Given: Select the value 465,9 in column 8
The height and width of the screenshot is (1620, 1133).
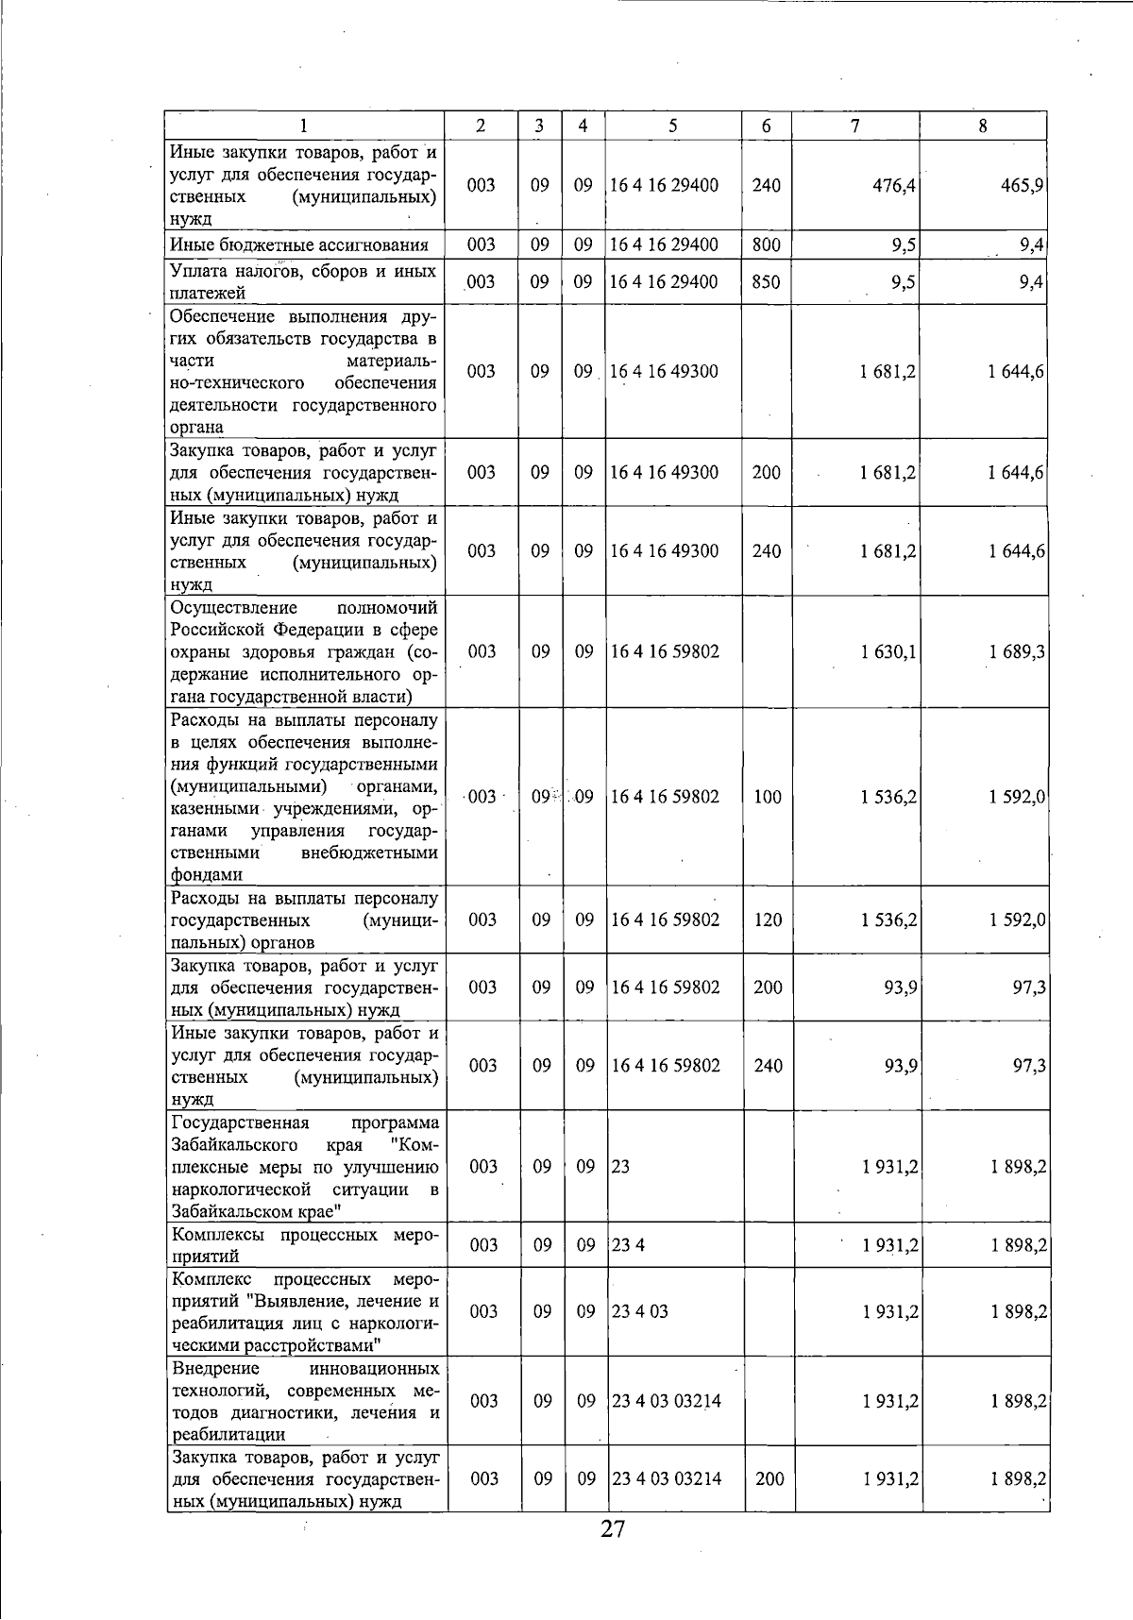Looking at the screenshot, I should [1022, 186].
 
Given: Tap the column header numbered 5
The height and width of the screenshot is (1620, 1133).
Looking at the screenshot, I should [673, 126].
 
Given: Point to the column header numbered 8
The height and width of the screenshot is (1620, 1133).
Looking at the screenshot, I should [983, 126].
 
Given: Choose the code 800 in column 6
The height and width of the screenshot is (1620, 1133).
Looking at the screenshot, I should [766, 245].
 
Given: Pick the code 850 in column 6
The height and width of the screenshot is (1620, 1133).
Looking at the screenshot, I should [766, 282].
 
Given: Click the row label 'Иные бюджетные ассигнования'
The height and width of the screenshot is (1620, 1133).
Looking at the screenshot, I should [299, 245].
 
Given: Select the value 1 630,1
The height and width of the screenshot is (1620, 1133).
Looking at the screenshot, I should [888, 651].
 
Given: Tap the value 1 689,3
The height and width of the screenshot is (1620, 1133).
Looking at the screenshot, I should [1017, 651].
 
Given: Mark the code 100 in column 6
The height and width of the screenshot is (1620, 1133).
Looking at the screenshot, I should [768, 797].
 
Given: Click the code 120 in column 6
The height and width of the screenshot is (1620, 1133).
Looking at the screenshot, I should [768, 920].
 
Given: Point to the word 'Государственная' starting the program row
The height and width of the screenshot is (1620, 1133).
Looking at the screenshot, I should [241, 1122].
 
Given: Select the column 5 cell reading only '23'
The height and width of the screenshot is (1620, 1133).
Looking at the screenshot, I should [621, 1167].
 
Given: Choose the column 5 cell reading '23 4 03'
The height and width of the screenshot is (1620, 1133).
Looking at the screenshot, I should [640, 1311].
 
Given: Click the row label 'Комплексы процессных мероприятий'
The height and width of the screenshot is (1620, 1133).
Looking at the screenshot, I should [304, 1245].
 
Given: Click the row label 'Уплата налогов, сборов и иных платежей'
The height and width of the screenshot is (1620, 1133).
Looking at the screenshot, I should [303, 282].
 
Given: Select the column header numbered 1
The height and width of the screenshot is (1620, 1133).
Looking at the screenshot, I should [303, 126].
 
